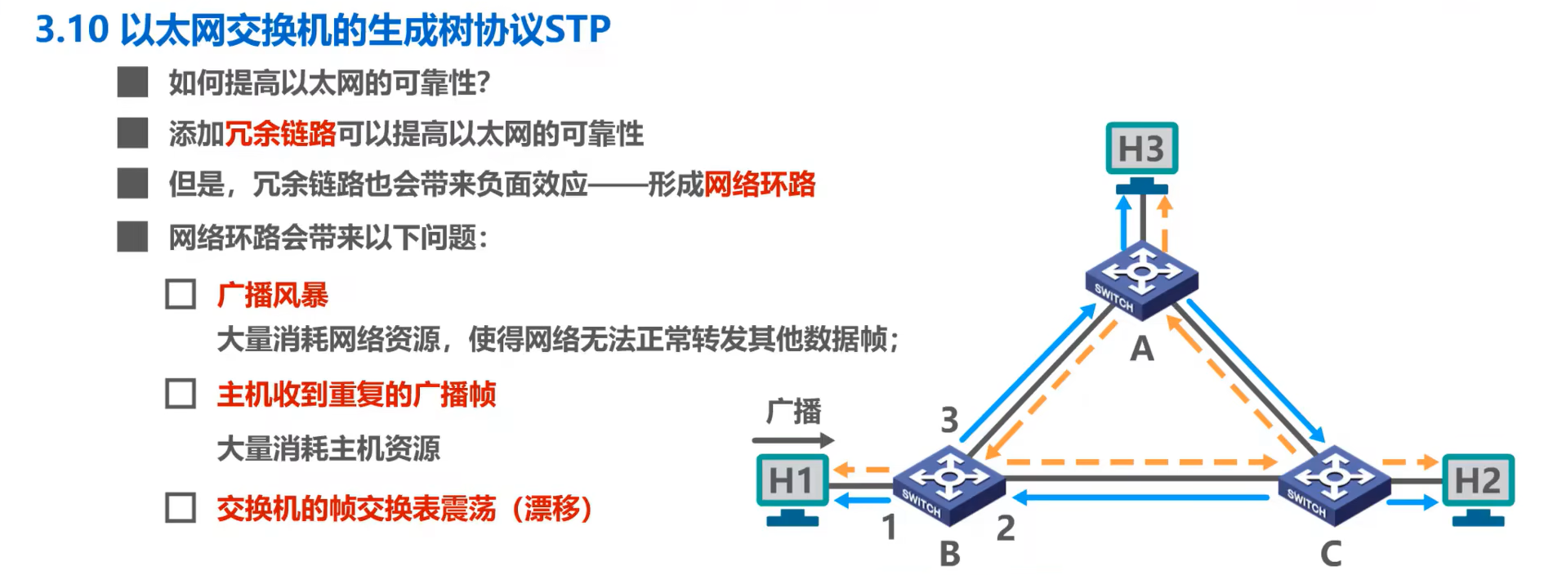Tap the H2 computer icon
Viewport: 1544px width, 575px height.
click(x=1478, y=488)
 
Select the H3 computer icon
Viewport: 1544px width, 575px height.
click(x=1141, y=156)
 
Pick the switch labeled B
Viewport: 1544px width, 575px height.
click(x=948, y=484)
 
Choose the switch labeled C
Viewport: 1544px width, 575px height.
click(x=1334, y=484)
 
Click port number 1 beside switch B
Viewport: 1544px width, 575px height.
click(x=890, y=528)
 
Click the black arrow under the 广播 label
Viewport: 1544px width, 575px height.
click(x=792, y=440)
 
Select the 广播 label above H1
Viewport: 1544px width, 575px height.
click(x=793, y=411)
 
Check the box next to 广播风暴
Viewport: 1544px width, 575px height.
click(x=181, y=294)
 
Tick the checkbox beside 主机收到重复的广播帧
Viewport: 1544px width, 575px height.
click(x=181, y=394)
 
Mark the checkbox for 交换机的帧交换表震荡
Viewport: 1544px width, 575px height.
click(x=181, y=507)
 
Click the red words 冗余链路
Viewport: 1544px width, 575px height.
click(x=280, y=133)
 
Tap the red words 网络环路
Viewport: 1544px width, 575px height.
click(x=759, y=184)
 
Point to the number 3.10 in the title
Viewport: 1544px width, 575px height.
click(x=72, y=30)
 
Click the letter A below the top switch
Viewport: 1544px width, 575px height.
click(x=1141, y=350)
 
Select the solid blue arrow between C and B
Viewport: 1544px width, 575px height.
click(x=1140, y=497)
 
